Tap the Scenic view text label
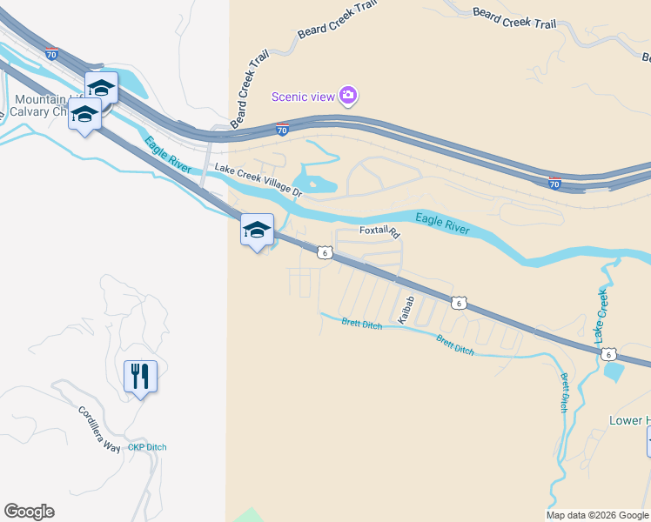tap(303, 97)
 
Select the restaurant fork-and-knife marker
tap(140, 377)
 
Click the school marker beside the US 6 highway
tap(257, 231)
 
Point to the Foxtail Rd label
tap(379, 232)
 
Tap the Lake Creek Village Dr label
tap(258, 180)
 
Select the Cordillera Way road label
tap(98, 427)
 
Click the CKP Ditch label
tap(147, 447)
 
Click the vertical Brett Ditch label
tap(565, 392)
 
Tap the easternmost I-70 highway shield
tap(554, 184)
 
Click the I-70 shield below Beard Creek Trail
tap(282, 130)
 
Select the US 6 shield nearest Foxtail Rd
tap(324, 253)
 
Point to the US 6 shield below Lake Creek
tap(609, 354)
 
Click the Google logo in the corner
tap(29, 512)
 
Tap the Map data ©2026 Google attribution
tap(597, 515)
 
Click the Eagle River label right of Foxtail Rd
tap(442, 224)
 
